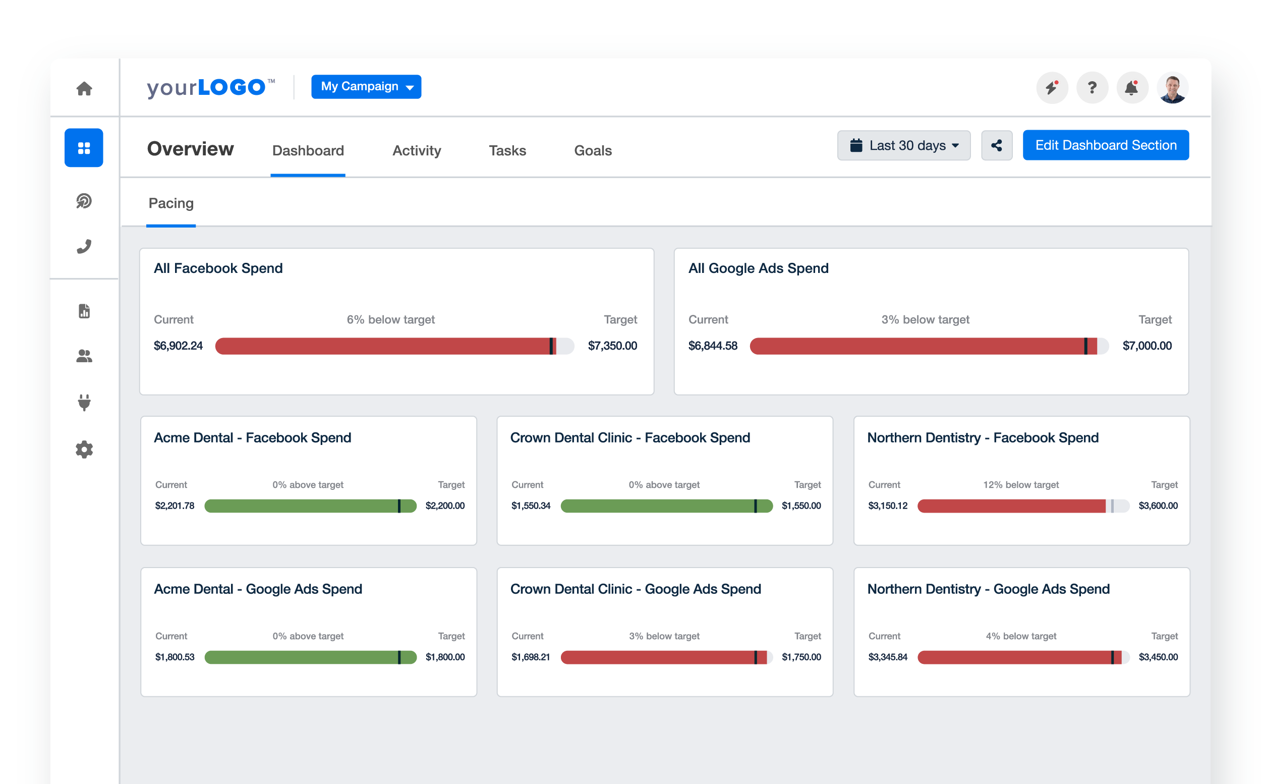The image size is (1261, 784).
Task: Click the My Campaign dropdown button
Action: [365, 87]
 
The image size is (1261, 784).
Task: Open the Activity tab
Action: [416, 150]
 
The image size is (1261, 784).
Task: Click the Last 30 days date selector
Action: [903, 145]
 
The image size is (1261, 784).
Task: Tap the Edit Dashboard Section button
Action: [1105, 145]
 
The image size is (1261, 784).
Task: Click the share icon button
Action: [996, 145]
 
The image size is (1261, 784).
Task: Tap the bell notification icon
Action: [1131, 88]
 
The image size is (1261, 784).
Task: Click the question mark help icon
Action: [1092, 88]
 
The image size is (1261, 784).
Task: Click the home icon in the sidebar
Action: [84, 89]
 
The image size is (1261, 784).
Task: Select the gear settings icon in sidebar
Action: [84, 449]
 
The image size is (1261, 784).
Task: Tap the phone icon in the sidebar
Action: [84, 246]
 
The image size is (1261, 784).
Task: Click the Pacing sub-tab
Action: [171, 203]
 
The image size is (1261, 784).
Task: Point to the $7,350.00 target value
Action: [612, 346]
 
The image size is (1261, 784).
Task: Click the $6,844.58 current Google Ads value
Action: [712, 346]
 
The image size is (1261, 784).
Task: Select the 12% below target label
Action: [1020, 485]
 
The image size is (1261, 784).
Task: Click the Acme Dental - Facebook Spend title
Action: [252, 437]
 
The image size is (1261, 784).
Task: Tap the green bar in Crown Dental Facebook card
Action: [658, 506]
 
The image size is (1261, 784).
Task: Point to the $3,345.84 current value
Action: [887, 657]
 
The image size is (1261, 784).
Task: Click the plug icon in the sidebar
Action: [84, 403]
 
